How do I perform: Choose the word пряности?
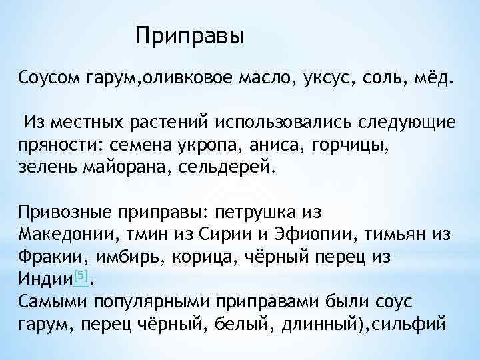[x=57, y=144]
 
